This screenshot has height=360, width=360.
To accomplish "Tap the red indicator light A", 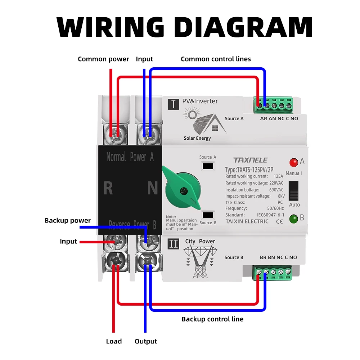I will pyautogui.click(x=294, y=162).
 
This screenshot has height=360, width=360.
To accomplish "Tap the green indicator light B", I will pyautogui.click(x=294, y=218).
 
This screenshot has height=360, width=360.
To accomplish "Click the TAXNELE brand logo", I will pyautogui.click(x=250, y=160).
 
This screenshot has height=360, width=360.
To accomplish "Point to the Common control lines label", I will pyautogui.click(x=216, y=59).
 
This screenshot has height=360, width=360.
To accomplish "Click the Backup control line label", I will pyautogui.click(x=212, y=319).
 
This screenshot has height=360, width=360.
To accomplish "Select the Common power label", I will pyautogui.click(x=103, y=59).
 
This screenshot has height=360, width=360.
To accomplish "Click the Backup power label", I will pyautogui.click(x=68, y=220).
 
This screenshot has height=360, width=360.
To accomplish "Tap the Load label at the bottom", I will pyautogui.click(x=114, y=341).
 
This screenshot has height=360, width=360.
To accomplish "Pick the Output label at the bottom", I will pyautogui.click(x=146, y=341).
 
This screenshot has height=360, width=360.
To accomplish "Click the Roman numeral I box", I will pyautogui.click(x=174, y=104).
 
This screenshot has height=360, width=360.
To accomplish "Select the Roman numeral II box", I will pyautogui.click(x=174, y=244).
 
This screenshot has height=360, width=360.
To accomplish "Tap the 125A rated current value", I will pyautogui.click(x=278, y=176).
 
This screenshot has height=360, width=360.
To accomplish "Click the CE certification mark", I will pyautogui.click(x=278, y=221).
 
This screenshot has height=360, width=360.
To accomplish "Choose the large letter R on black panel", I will pyautogui.click(x=108, y=188).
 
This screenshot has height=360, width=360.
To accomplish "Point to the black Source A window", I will pyautogui.click(x=208, y=166).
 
